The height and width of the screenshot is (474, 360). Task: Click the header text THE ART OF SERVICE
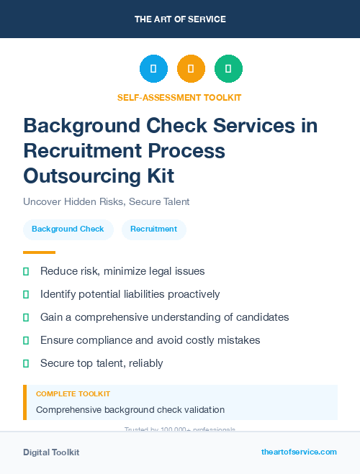pyautogui.click(x=180, y=19)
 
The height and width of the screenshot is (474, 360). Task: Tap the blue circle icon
pyautogui.click(x=153, y=68)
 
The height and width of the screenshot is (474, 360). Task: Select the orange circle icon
pyautogui.click(x=191, y=68)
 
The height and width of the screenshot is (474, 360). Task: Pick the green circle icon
pyautogui.click(x=228, y=68)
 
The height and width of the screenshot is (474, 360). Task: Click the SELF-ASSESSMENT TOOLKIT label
pyautogui.click(x=179, y=97)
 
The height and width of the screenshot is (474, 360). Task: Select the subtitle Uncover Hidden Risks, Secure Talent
pyautogui.click(x=106, y=202)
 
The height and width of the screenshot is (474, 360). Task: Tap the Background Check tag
pyautogui.click(x=68, y=229)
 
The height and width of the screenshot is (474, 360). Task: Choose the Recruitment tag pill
pyautogui.click(x=153, y=229)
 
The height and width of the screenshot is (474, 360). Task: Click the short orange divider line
pyautogui.click(x=39, y=252)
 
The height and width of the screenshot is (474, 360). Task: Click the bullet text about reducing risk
pyautogui.click(x=122, y=271)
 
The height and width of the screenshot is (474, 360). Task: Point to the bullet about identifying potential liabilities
pyautogui.click(x=130, y=294)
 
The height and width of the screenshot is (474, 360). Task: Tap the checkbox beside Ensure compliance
pyautogui.click(x=26, y=340)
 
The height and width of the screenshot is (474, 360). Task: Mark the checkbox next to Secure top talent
pyautogui.click(x=26, y=363)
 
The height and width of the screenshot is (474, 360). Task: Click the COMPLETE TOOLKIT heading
pyautogui.click(x=73, y=394)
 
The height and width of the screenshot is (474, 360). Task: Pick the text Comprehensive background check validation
pyautogui.click(x=130, y=410)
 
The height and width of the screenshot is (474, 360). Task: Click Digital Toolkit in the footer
pyautogui.click(x=51, y=452)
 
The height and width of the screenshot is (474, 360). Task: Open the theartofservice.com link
pyautogui.click(x=299, y=452)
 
